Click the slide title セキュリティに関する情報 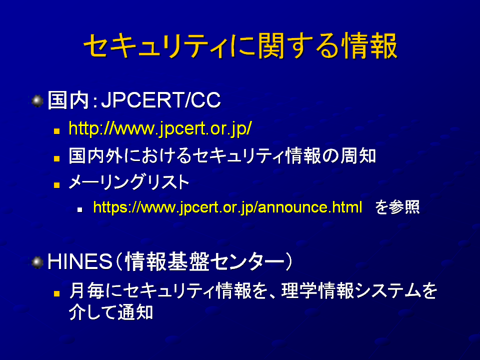point(240,46)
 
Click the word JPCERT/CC point(161,100)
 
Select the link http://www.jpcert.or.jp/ point(160,128)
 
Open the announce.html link point(228,207)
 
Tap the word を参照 point(397,207)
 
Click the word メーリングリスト point(129,182)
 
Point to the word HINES point(80,262)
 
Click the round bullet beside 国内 point(37,100)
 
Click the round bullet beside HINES point(37,262)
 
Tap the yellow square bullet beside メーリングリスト point(56,185)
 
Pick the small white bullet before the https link point(80,209)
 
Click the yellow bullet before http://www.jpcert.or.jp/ point(56,131)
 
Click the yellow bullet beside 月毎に point(56,293)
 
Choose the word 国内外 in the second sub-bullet point(95,156)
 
